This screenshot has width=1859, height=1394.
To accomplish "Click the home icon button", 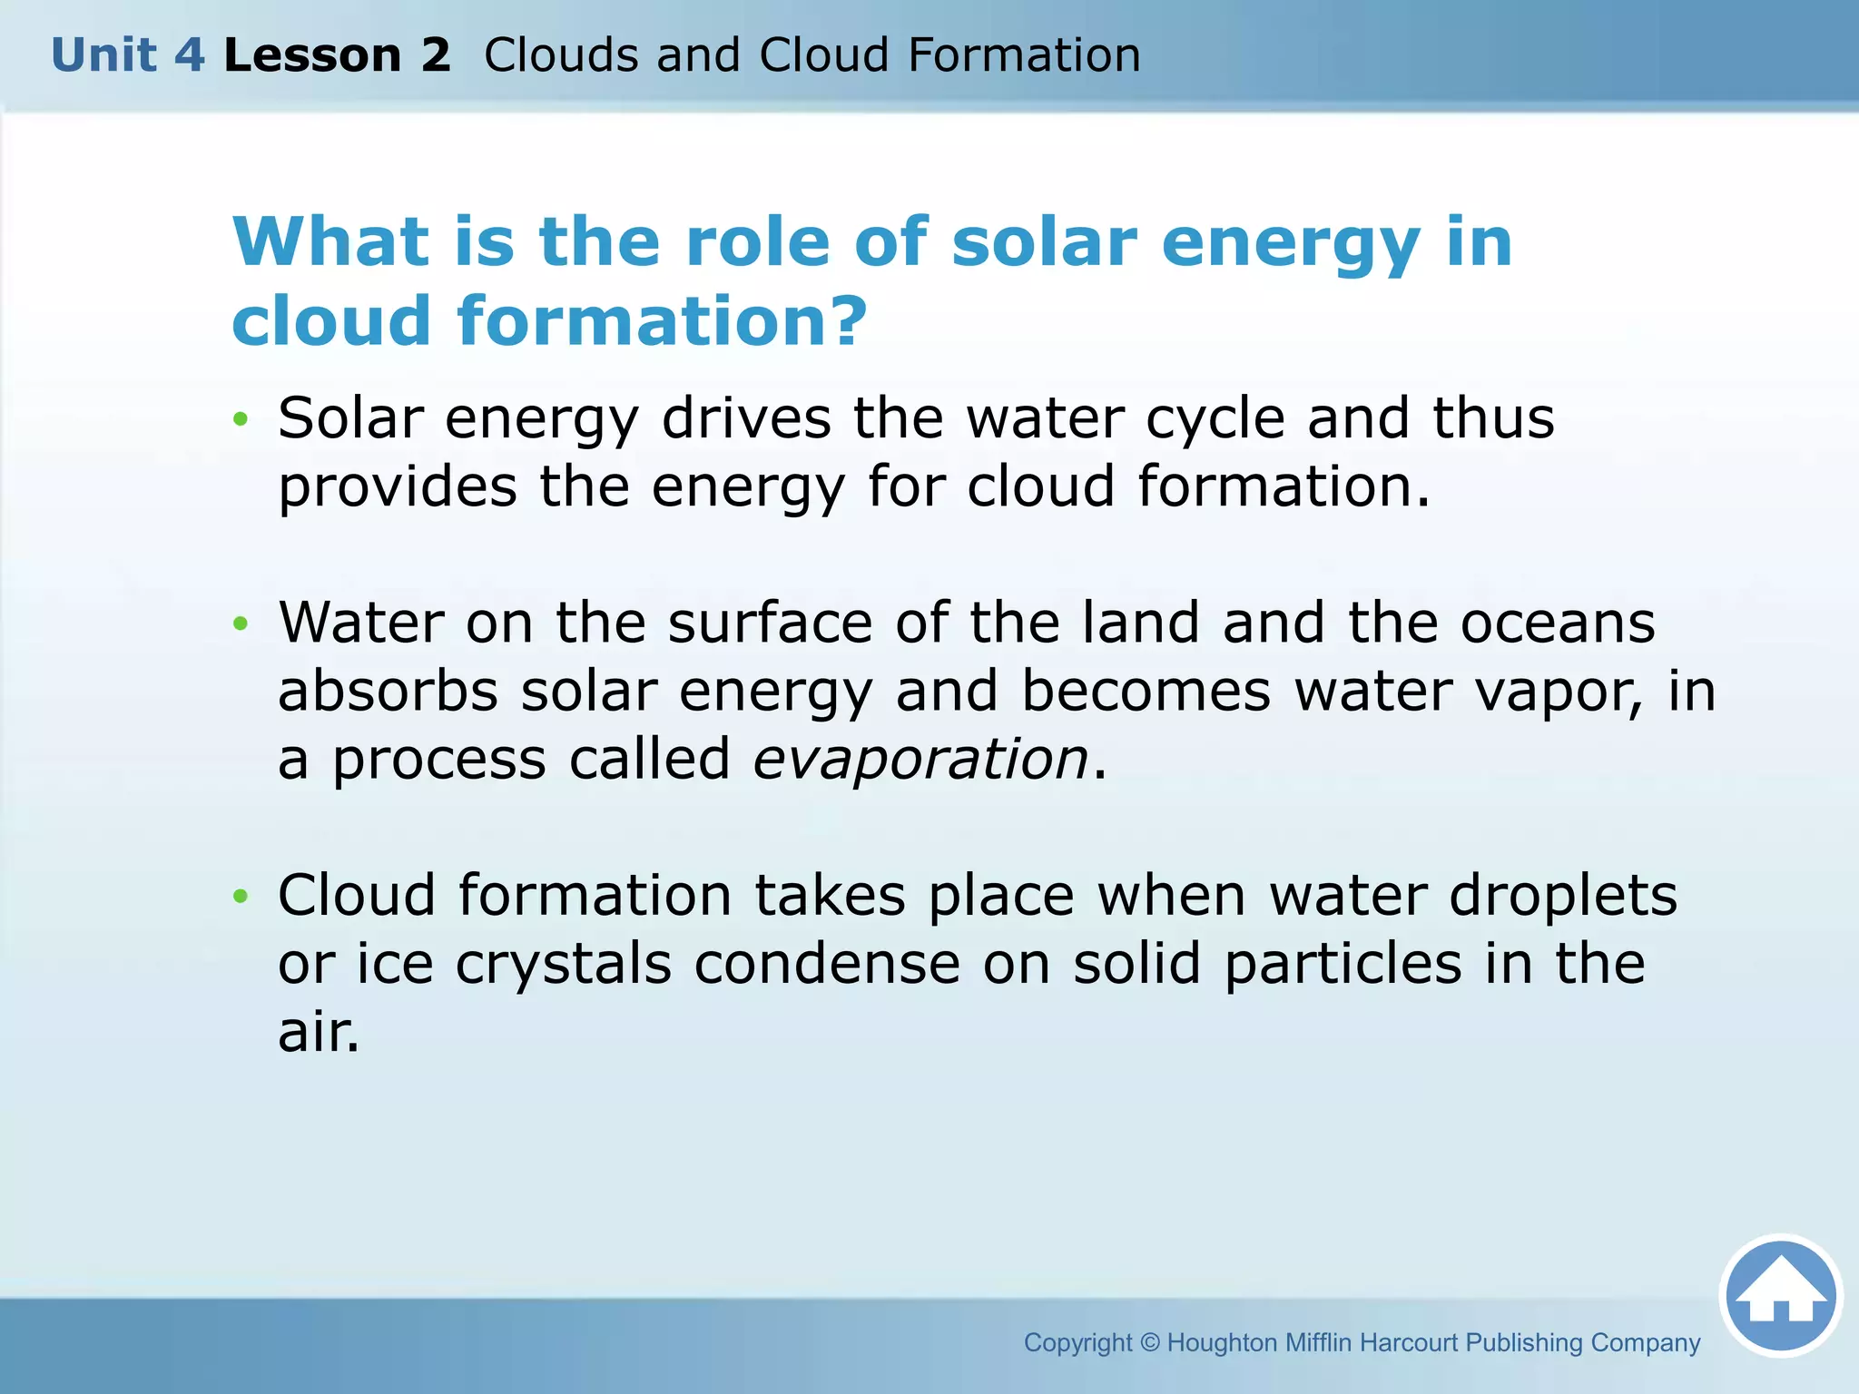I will [1780, 1295].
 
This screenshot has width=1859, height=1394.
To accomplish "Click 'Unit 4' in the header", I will [128, 55].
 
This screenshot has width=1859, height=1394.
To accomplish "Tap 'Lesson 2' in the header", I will [337, 55].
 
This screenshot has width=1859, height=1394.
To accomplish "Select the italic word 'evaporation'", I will [920, 759].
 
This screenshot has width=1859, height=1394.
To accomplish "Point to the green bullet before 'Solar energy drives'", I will [241, 419].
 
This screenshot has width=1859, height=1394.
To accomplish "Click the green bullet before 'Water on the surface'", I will [241, 623].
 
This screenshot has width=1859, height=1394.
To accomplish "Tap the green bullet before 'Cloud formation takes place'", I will [241, 897].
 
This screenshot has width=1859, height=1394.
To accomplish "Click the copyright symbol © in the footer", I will [1149, 1342].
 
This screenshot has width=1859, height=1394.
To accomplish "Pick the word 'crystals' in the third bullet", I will [563, 964].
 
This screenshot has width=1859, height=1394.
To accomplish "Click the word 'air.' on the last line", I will [319, 1032].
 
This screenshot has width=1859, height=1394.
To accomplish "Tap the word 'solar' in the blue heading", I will [1044, 242].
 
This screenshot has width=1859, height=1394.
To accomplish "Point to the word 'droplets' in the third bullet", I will [1562, 897].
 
